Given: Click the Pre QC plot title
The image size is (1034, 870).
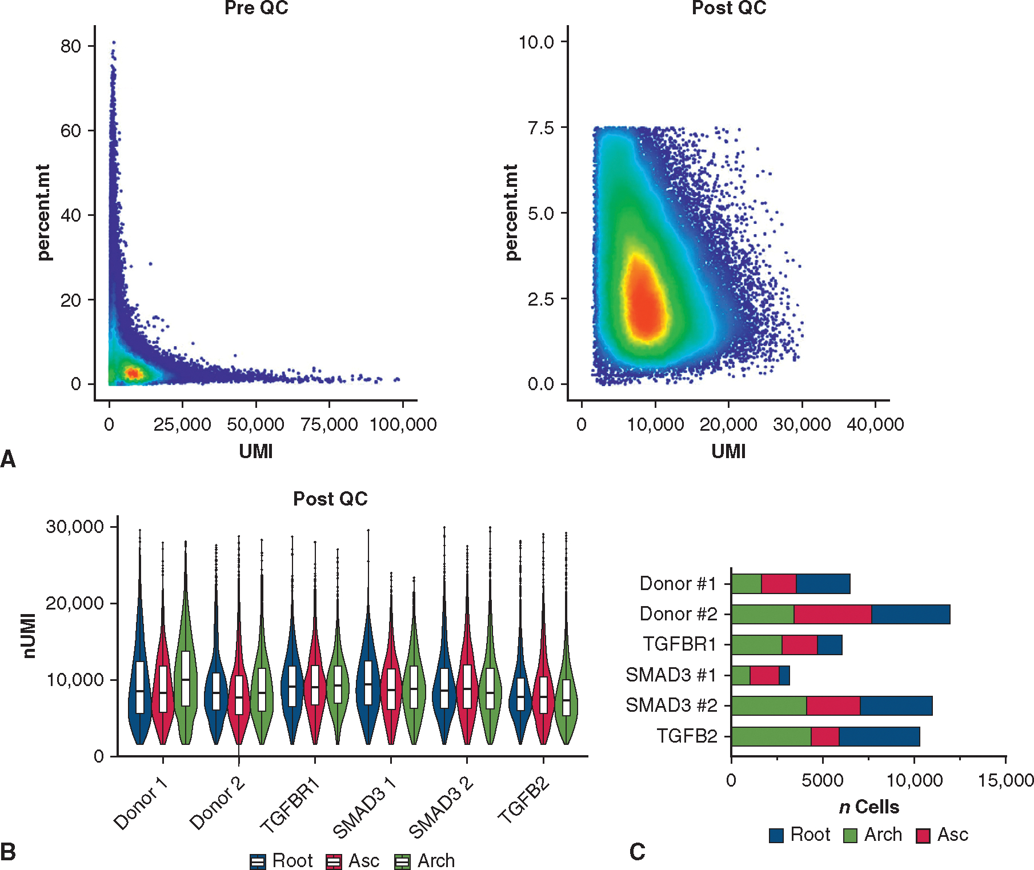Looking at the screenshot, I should [256, 8].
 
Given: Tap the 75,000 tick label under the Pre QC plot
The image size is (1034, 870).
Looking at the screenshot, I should [329, 424].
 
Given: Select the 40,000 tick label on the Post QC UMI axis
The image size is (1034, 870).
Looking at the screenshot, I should [875, 424].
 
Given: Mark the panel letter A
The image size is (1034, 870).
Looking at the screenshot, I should [8, 459].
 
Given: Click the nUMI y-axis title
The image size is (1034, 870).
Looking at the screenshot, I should [30, 636].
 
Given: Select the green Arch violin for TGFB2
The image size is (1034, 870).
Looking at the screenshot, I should [566, 697].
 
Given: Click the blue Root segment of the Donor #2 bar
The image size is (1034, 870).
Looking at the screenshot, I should [911, 614].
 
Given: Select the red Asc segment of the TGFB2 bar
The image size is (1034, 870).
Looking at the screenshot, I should [824, 736].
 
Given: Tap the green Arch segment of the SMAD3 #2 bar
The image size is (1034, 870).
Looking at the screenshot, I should [768, 705].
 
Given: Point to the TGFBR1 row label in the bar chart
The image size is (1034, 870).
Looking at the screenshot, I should [680, 644].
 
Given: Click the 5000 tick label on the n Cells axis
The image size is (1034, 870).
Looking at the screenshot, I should [822, 780].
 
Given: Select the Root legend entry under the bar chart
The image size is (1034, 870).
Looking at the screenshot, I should [800, 835].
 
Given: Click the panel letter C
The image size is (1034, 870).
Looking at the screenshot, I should [637, 852].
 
